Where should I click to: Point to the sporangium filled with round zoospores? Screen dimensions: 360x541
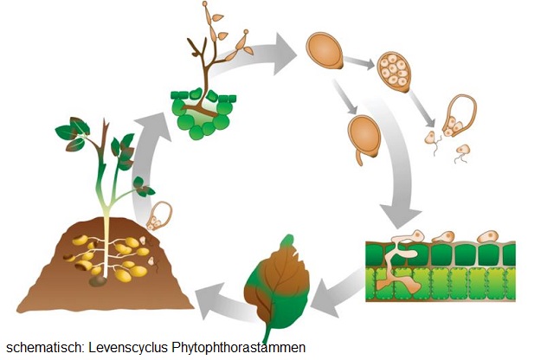click(395, 70)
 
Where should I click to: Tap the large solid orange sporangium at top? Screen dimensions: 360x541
click(324, 51)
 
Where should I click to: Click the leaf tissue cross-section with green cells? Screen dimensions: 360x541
click(441, 268)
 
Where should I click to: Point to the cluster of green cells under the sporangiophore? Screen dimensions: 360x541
click(203, 112)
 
